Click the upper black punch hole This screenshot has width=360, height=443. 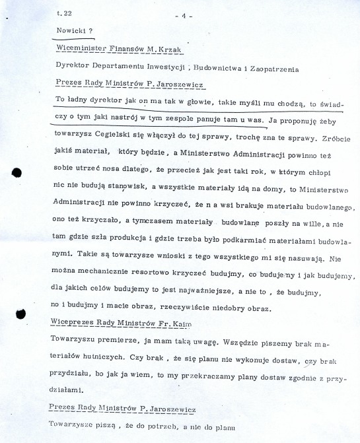coord(17,172)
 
